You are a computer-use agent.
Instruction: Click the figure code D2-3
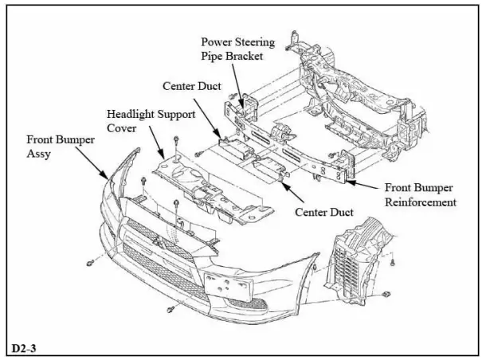point(25,348)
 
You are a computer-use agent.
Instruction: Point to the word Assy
point(40,153)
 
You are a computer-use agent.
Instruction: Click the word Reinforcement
point(421,202)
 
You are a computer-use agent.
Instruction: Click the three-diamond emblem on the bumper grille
point(159,242)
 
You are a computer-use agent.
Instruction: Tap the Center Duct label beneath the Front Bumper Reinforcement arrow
point(326,212)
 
